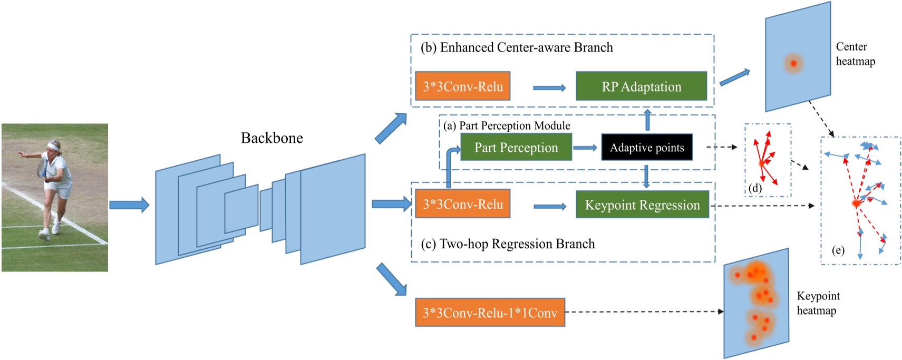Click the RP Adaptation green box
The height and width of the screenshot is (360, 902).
[641, 86]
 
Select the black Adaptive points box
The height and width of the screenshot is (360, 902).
[646, 148]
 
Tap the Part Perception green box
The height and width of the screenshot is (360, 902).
[516, 148]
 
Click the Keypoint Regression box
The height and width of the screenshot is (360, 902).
[642, 205]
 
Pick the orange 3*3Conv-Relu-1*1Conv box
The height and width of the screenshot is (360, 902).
[490, 313]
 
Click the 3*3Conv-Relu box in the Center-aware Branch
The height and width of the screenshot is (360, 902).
[462, 86]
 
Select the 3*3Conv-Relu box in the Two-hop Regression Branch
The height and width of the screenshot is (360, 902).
[462, 204]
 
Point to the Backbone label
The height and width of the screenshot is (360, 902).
[271, 138]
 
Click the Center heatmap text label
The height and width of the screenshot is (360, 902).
[855, 54]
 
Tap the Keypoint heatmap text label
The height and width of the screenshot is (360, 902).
[818, 303]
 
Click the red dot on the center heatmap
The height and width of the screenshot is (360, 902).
[793, 63]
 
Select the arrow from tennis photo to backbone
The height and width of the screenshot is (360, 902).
[129, 205]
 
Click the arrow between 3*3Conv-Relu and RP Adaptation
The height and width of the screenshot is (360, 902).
[549, 88]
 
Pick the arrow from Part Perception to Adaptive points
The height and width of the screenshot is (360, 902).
[585, 148]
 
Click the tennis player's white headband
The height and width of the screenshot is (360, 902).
[53, 146]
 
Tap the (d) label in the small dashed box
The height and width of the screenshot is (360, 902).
[755, 188]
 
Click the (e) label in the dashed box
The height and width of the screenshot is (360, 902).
[838, 250]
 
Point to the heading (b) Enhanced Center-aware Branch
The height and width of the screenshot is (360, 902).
[517, 47]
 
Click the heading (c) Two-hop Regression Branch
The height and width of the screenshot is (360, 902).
[508, 244]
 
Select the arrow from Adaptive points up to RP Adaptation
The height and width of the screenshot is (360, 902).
[647, 120]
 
